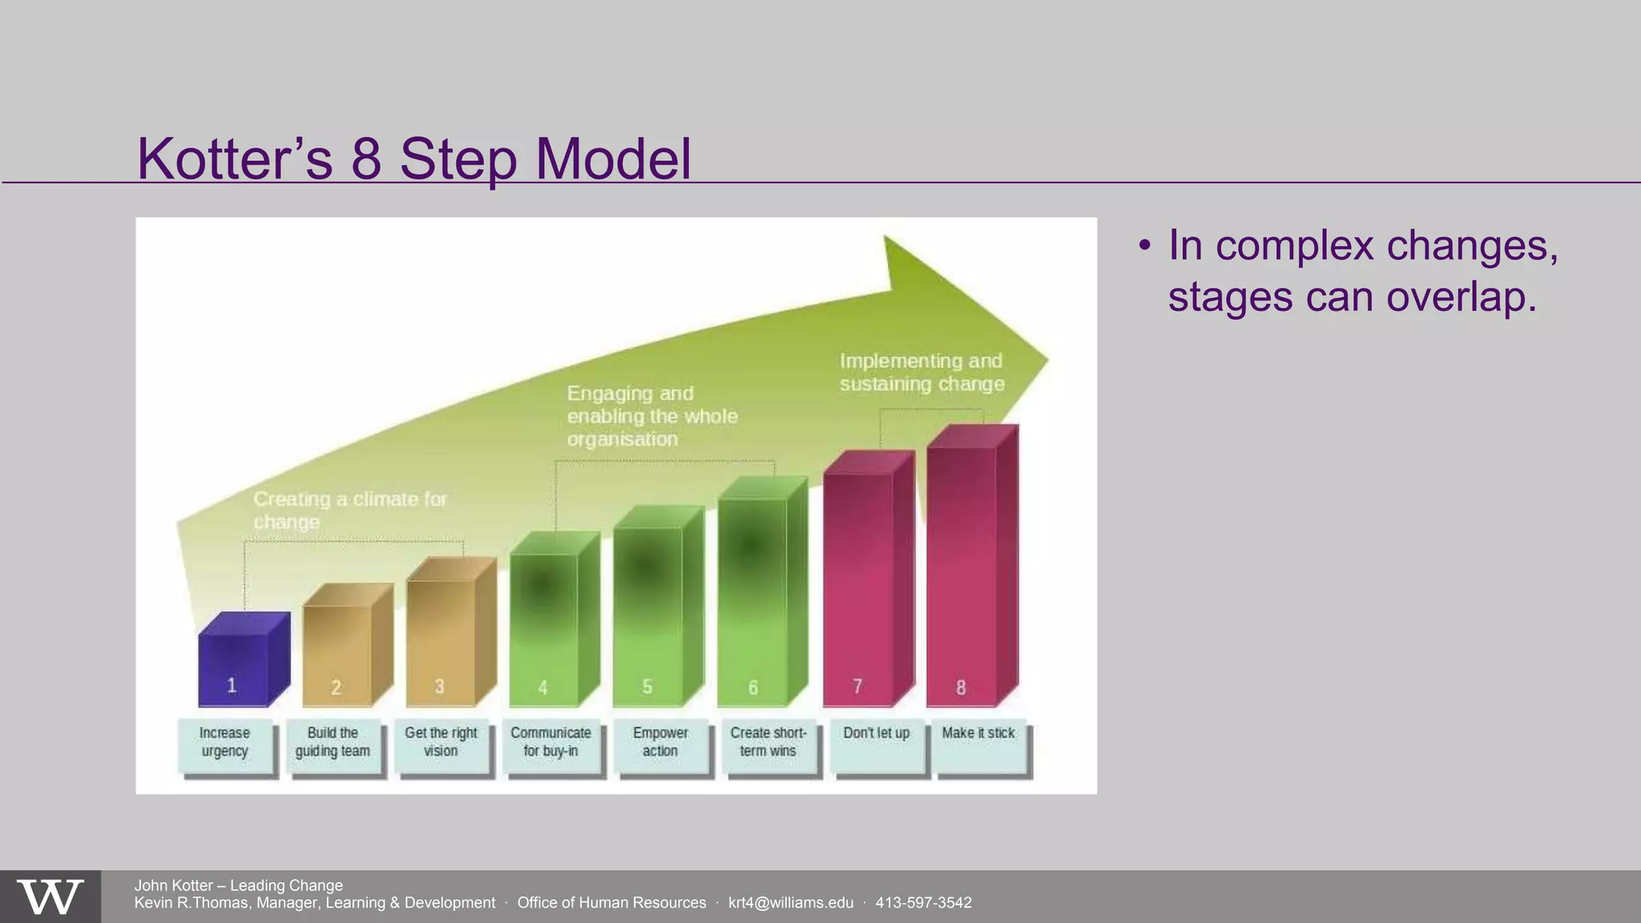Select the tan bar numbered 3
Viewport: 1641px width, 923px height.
tap(441, 641)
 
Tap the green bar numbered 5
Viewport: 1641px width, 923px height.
tap(647, 617)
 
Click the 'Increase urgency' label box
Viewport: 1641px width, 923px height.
tap(225, 744)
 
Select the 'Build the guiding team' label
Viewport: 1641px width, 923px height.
tap(333, 744)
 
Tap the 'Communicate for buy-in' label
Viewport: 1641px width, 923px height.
tap(551, 744)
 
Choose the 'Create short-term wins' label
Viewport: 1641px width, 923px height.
tap(768, 744)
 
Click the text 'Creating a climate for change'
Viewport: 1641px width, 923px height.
tap(350, 510)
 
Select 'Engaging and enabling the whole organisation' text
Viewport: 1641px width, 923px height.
tap(651, 416)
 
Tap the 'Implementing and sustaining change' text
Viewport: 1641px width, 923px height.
tap(921, 373)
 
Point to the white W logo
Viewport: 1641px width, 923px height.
tap(50, 897)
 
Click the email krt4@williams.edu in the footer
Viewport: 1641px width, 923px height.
tap(791, 903)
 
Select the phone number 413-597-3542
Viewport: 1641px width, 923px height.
tap(923, 903)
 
